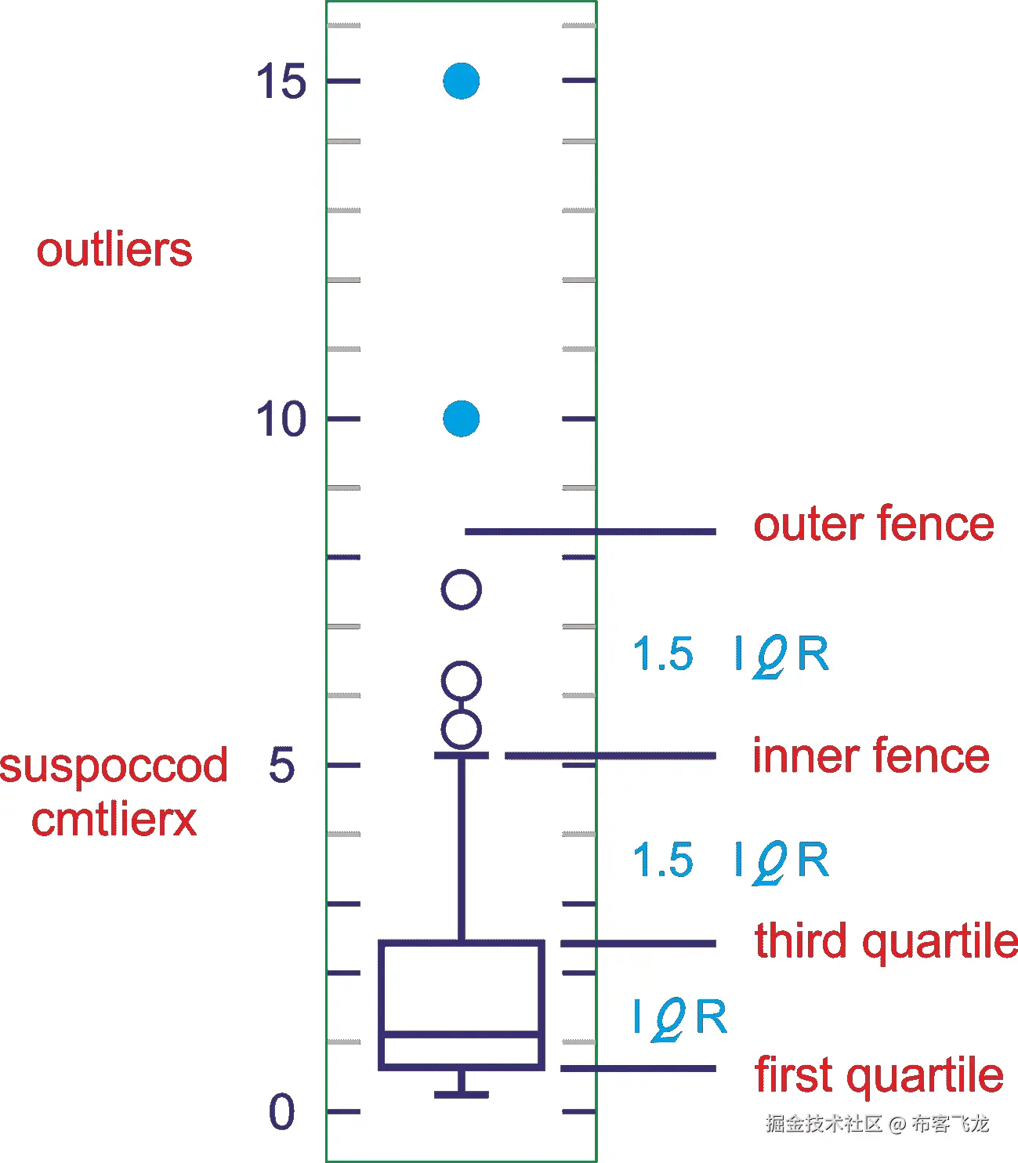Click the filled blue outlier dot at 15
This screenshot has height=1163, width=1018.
pos(461,81)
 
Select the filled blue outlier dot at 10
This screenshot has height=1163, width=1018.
pos(461,418)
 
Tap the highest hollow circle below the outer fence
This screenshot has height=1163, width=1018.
pos(461,589)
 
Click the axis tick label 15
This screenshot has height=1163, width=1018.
pos(281,82)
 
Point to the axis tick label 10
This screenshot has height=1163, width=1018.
pos(281,419)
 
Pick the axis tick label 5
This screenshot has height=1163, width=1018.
pos(282,766)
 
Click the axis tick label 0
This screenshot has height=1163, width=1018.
pos(282,1112)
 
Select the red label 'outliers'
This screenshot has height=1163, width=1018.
pos(114,250)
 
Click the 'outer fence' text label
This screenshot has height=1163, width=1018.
pos(873,524)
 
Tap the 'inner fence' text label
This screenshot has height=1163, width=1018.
pos(871,756)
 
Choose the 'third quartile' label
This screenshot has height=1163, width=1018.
pos(886,941)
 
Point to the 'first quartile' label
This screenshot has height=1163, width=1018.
pos(879,1074)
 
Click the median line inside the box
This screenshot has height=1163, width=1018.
pos(461,1035)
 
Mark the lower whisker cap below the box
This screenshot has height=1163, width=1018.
pos(461,1094)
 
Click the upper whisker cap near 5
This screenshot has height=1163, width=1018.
pos(461,755)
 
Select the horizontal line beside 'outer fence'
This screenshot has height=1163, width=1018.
pos(589,531)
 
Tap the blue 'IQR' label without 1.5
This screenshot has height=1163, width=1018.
pos(680,1018)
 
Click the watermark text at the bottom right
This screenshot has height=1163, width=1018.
pos(877,1124)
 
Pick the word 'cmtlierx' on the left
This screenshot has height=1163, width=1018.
pos(114,820)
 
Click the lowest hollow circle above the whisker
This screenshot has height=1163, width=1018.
pos(461,730)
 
